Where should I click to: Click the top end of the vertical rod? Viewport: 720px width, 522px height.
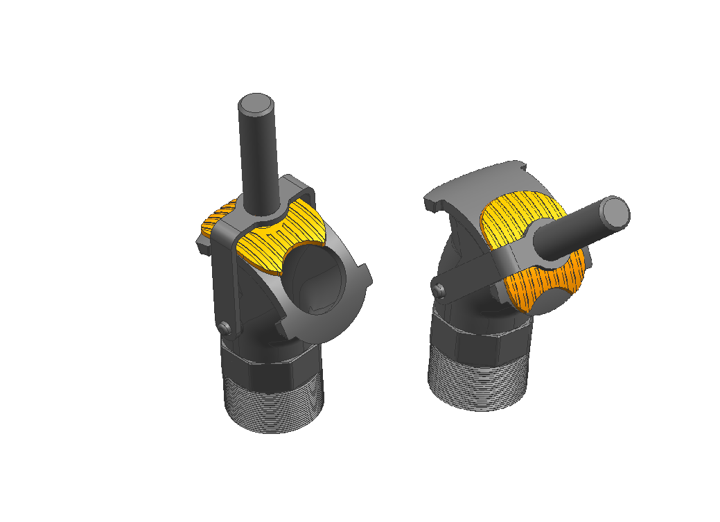click(256, 105)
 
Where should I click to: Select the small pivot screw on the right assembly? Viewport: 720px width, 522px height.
click(438, 288)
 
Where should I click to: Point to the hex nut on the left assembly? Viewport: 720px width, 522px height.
click(270, 374)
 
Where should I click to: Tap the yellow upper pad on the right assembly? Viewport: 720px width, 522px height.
click(513, 215)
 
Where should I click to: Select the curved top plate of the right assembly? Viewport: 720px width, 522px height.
click(478, 184)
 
